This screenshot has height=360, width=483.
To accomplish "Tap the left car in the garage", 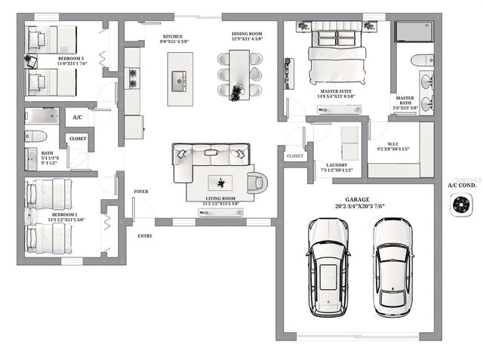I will [x=327, y=268].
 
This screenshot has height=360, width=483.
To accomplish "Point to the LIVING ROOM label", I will [x=222, y=200].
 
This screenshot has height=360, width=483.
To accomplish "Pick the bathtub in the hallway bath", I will [x=42, y=115].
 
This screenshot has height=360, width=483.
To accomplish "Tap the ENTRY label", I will [x=144, y=236].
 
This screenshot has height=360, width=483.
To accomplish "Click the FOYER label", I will [x=141, y=192].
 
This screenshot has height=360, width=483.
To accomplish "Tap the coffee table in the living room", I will [x=222, y=183].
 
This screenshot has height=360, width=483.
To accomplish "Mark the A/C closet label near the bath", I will [x=77, y=118].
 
